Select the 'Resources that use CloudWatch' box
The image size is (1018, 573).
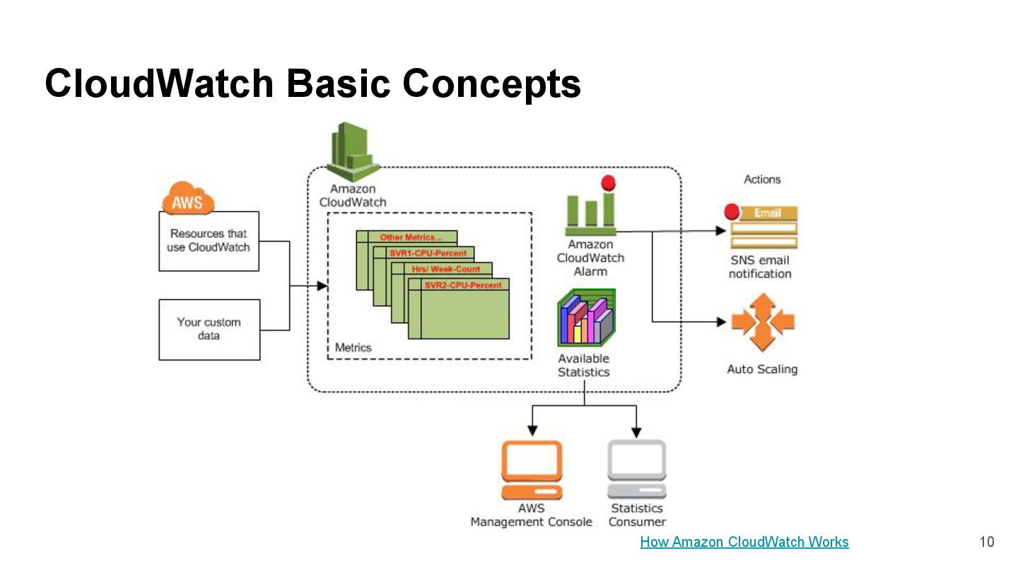click(209, 241)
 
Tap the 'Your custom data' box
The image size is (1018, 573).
click(209, 330)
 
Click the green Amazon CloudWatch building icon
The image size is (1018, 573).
click(353, 152)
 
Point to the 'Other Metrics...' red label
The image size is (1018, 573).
click(411, 237)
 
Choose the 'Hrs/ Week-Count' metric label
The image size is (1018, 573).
click(446, 269)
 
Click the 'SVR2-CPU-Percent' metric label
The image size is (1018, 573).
click(463, 285)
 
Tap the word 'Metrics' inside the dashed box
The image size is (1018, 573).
click(353, 347)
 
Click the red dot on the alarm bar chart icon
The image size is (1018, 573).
click(608, 183)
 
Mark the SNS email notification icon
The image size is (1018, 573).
click(763, 227)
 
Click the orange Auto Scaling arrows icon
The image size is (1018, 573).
click(763, 323)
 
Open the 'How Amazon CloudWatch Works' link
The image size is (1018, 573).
click(744, 542)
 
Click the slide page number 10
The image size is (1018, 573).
click(987, 542)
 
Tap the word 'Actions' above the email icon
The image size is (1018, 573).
click(762, 180)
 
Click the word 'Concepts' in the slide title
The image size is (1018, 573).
click(492, 83)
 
